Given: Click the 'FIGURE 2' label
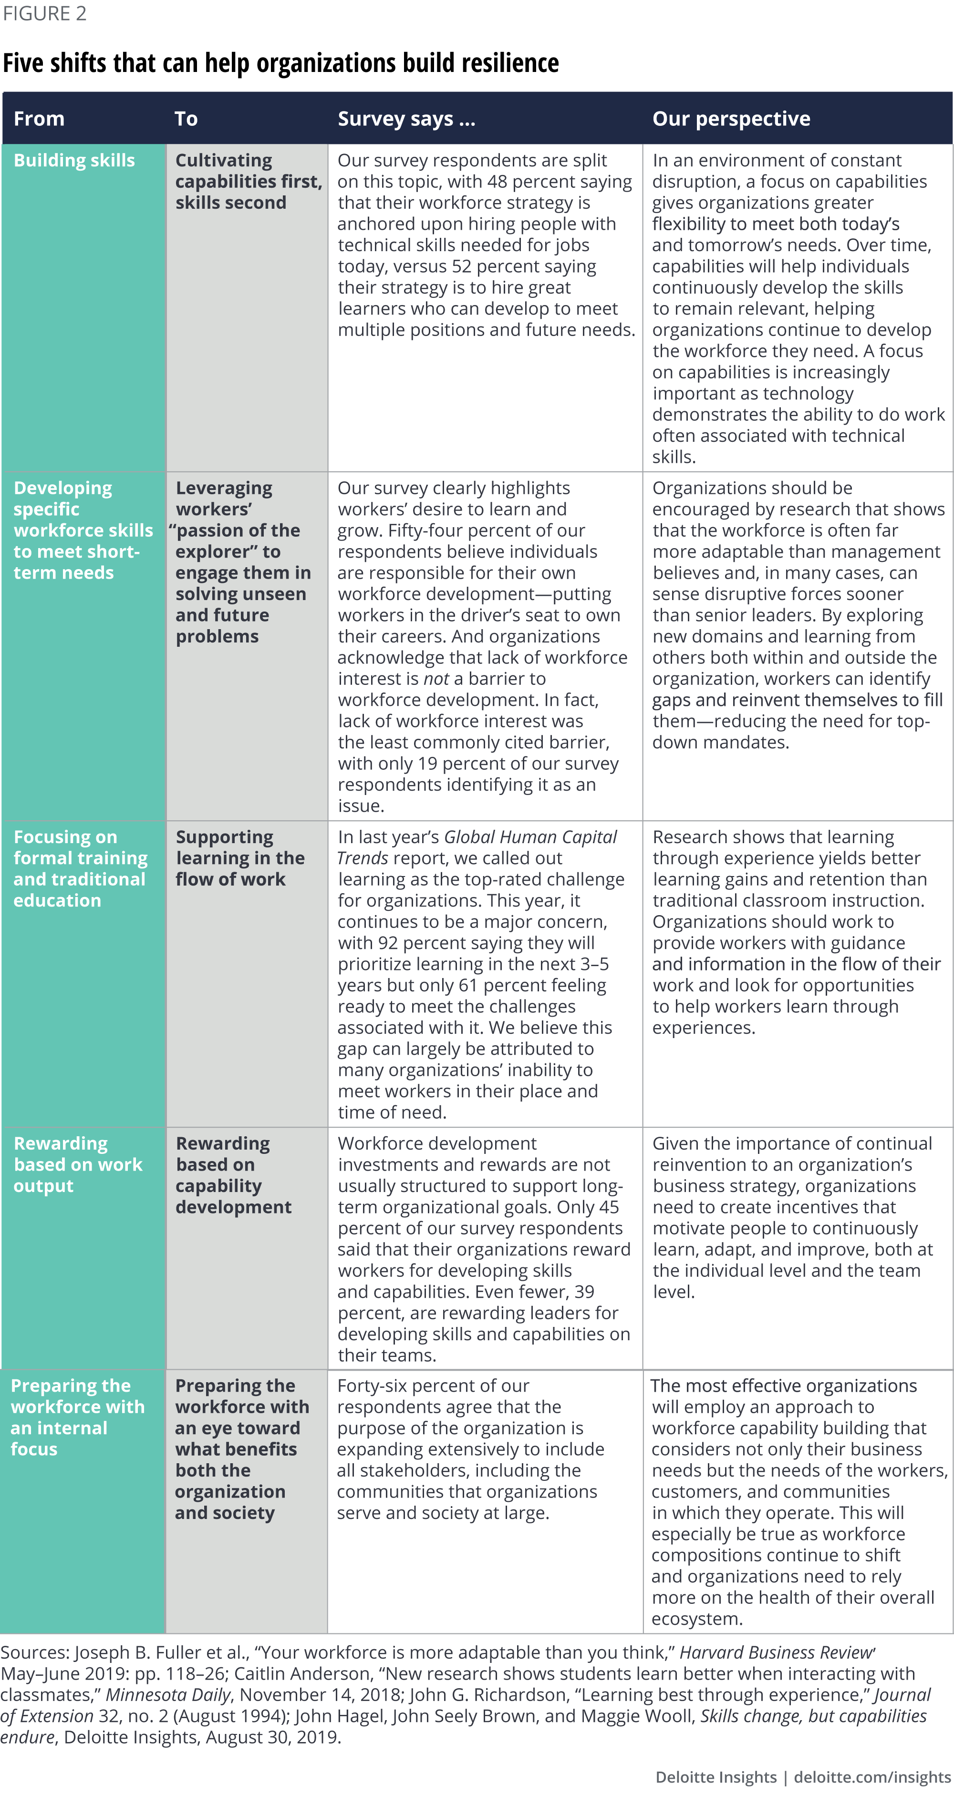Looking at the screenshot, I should point(44,14).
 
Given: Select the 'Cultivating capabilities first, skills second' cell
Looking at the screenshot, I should point(248,181).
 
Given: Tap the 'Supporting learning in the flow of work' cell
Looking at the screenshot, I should point(240,858).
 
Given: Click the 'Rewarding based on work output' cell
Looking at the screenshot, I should point(78,1164).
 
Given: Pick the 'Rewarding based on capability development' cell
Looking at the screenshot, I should point(233,1175).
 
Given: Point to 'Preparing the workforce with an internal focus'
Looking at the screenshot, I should point(77,1417).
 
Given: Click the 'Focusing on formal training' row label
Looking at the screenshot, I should point(80,868).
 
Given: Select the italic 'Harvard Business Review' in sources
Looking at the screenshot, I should point(776,1652).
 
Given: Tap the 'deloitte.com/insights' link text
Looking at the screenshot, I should point(872,1776).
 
